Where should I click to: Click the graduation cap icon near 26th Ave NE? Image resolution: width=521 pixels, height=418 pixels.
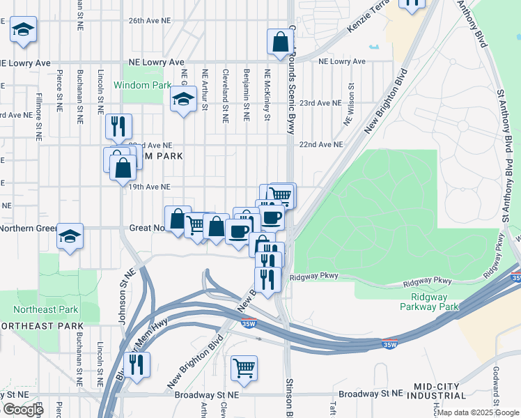[23, 30]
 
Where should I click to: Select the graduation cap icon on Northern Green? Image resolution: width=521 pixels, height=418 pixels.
[70, 235]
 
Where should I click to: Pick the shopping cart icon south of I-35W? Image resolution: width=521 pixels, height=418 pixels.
[244, 367]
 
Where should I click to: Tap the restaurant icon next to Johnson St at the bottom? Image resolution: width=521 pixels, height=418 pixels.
[137, 364]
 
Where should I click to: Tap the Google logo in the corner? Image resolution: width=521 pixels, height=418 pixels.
[23, 410]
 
